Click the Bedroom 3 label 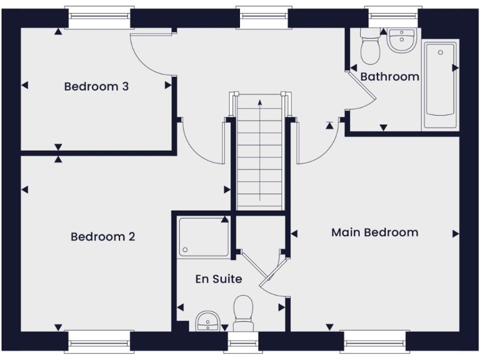point(96,86)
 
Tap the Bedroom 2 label point(102,237)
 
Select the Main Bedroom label point(374,232)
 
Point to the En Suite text point(219,279)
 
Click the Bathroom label point(389,77)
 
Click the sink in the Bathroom point(400,41)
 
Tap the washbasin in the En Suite point(207,321)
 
